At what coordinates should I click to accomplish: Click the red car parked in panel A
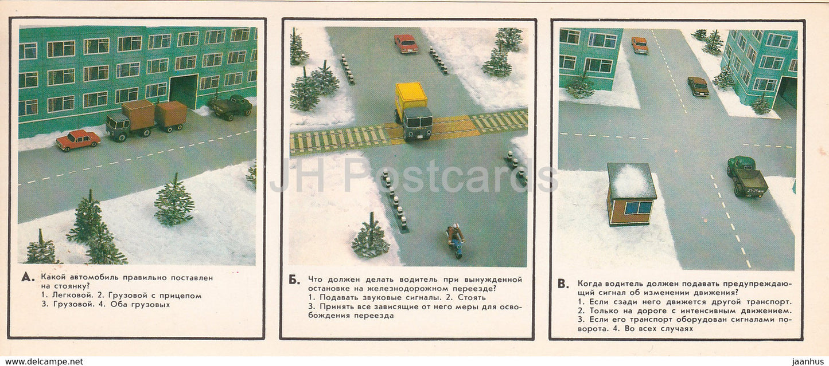point(78,140)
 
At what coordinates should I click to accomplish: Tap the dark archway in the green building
point(184,90)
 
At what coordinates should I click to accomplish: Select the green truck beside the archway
point(231,107)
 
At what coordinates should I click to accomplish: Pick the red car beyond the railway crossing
point(406,44)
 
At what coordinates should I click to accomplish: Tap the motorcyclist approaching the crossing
point(456,239)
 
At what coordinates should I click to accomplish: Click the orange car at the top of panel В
point(640,45)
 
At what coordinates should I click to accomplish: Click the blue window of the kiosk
point(638,207)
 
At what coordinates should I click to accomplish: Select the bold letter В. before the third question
point(563,284)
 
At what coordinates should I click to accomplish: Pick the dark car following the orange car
point(698,86)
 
